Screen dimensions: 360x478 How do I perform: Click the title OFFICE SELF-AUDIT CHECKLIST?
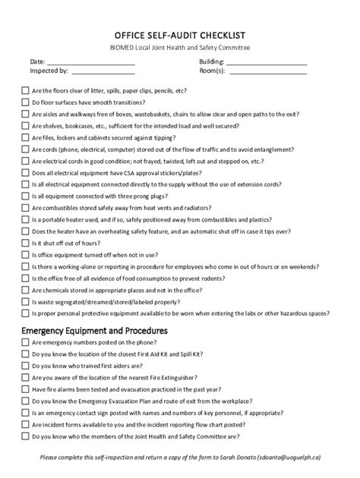tap(179, 35)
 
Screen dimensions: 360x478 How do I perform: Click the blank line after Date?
tap(90, 61)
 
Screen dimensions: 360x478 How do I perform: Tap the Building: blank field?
tap(267, 61)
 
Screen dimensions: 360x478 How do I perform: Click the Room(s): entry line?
tap(267, 72)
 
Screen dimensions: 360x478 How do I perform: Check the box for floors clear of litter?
tap(25, 90)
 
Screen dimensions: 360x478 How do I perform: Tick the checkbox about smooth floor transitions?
tap(25, 102)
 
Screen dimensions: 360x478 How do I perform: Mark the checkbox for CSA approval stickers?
tap(25, 173)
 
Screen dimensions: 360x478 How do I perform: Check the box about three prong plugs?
tap(25, 197)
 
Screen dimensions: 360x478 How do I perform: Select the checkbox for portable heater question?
tap(25, 220)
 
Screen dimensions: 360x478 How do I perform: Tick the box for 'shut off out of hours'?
tap(25, 244)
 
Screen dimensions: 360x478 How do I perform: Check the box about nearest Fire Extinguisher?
tap(25, 378)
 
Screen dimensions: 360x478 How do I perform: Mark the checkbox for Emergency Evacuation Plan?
tap(25, 401)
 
